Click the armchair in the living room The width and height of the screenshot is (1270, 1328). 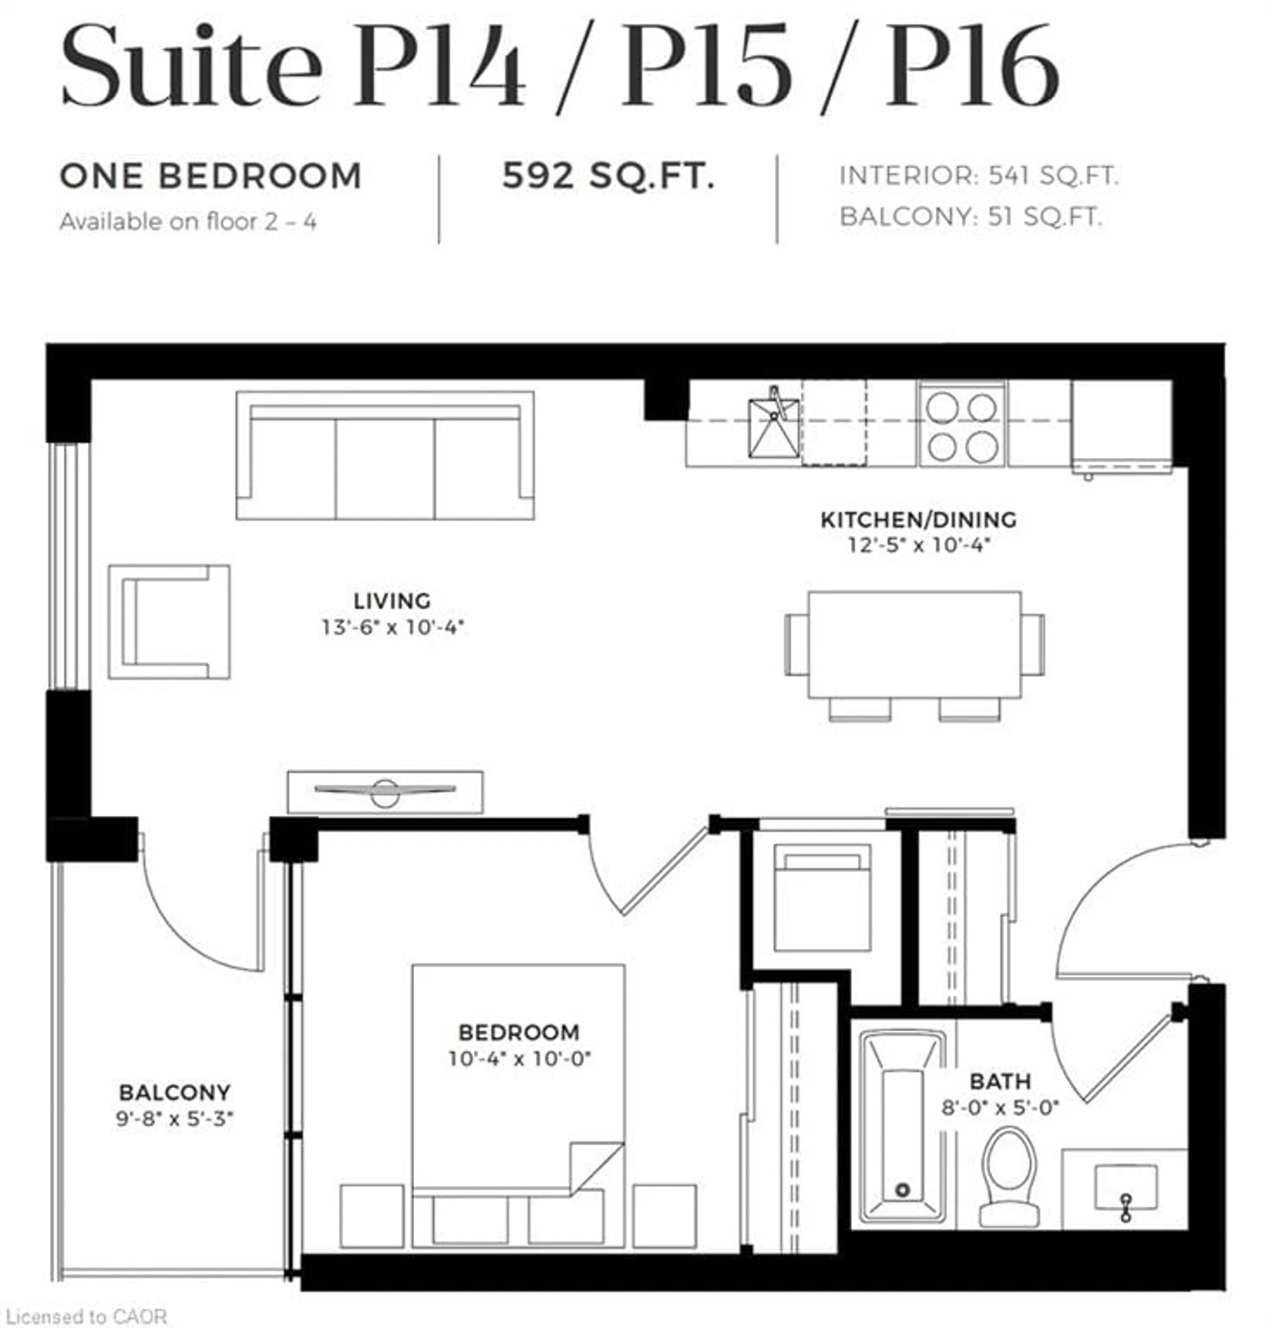[169, 622]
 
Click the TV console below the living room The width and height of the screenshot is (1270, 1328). [385, 792]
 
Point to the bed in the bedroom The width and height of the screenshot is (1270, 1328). [518, 1110]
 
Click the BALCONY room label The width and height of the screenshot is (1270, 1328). [175, 1093]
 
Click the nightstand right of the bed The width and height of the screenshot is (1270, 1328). [664, 1216]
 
